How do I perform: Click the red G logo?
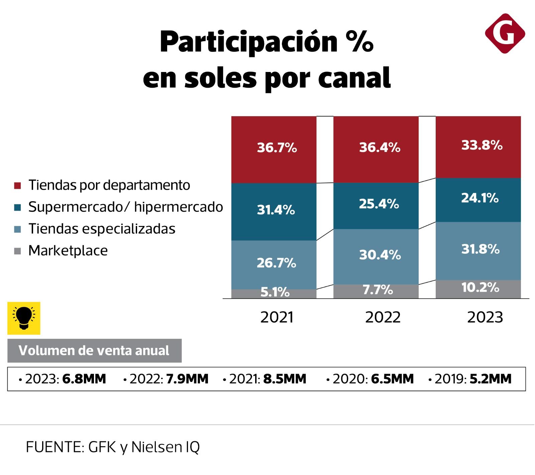coord(505,33)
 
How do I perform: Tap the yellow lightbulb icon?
coord(24,318)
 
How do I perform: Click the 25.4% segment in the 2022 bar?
coord(376,206)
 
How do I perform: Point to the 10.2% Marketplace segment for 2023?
coord(478,289)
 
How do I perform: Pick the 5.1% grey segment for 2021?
coord(274,294)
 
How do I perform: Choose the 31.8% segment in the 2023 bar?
coord(478,250)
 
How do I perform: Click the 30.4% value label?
coord(380,255)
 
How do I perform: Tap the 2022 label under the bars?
coord(383,317)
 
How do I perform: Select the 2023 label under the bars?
coord(485,317)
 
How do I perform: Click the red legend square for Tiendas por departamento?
coord(18,186)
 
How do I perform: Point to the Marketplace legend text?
coord(68,251)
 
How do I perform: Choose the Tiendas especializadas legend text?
coord(102,229)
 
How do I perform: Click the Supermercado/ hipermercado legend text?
coord(125,207)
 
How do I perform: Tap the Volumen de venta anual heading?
coord(94,350)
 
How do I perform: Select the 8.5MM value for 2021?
coord(285,379)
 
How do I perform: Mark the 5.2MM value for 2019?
coord(490,379)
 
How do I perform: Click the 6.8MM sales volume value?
coord(84,379)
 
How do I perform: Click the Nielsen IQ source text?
coord(165,447)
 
